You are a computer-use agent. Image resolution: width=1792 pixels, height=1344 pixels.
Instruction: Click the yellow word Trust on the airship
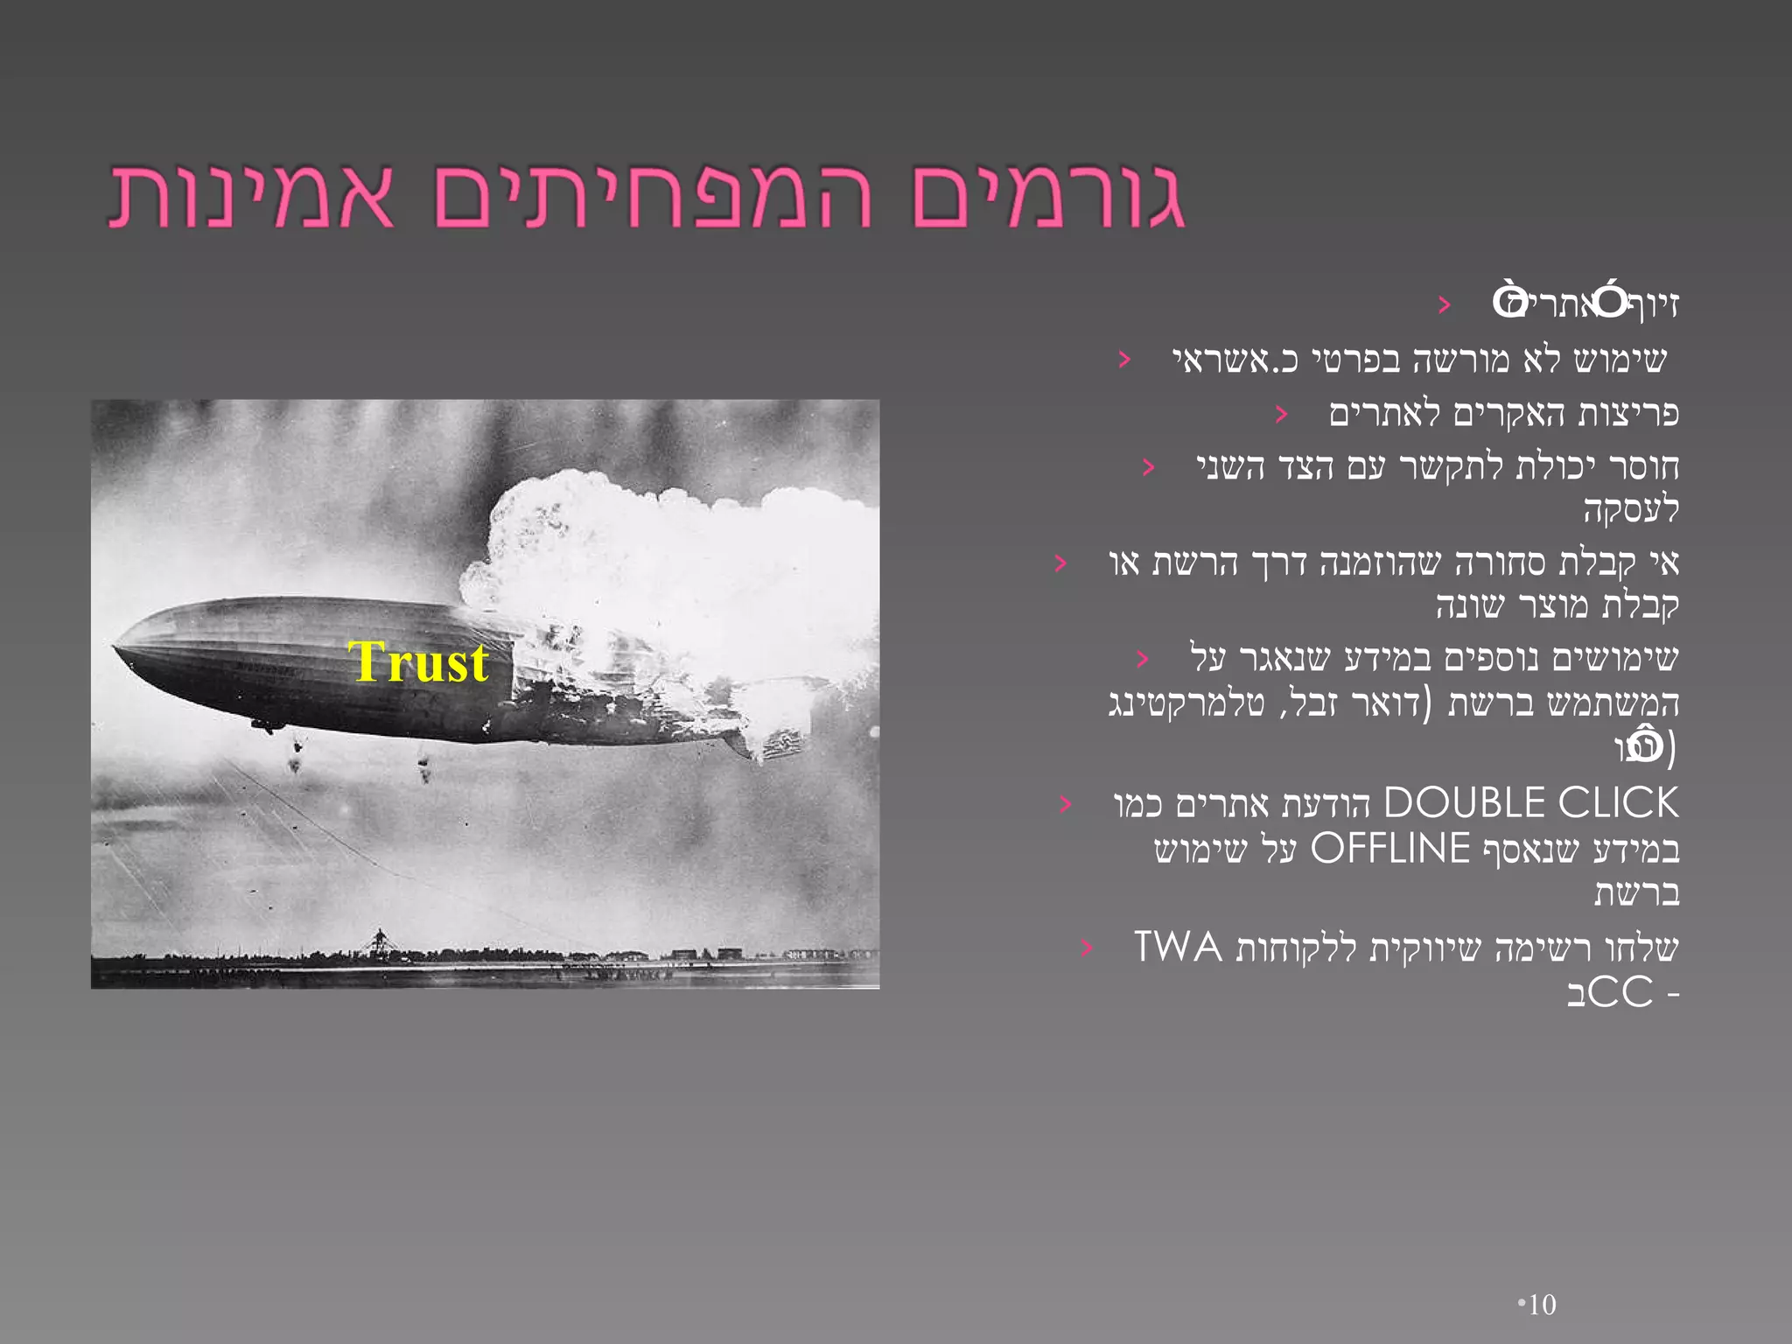(x=418, y=662)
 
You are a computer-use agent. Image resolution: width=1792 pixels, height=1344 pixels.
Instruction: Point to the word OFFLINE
(x=1389, y=849)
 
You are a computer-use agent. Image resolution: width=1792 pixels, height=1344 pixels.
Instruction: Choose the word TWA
(x=1178, y=948)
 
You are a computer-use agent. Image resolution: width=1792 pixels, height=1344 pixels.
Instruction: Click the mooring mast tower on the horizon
(x=379, y=941)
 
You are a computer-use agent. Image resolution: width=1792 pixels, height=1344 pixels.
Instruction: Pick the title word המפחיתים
(x=652, y=197)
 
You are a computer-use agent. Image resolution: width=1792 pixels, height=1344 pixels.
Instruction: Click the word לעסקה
(x=1631, y=509)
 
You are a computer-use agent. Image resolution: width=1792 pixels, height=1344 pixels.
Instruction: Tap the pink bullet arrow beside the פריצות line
(x=1282, y=414)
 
